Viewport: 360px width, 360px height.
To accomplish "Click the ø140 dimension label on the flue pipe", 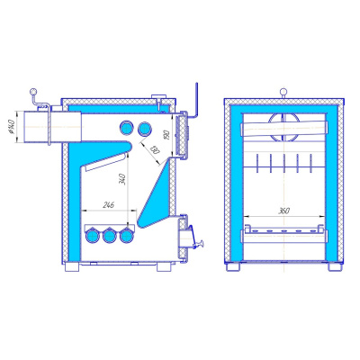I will (x=20, y=130).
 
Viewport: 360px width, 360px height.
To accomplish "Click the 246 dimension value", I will (x=109, y=206).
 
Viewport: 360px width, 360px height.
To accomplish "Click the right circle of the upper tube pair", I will (x=144, y=126).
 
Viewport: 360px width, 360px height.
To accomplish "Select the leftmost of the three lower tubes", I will (x=93, y=236).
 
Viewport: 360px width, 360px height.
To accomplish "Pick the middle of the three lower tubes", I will (x=110, y=236).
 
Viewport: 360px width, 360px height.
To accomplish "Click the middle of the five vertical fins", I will (x=283, y=164).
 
